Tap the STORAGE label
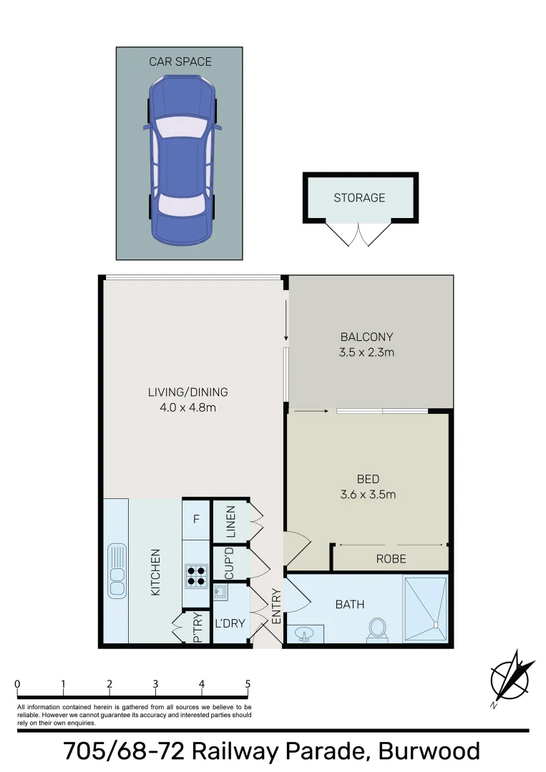(359, 198)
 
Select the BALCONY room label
(367, 337)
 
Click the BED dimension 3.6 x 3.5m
(368, 494)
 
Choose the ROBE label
(391, 559)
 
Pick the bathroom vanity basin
(306, 635)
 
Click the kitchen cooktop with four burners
(196, 575)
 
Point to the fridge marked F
(196, 516)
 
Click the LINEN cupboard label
(230, 522)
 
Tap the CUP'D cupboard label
(230, 563)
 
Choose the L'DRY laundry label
(230, 623)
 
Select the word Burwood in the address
(429, 751)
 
